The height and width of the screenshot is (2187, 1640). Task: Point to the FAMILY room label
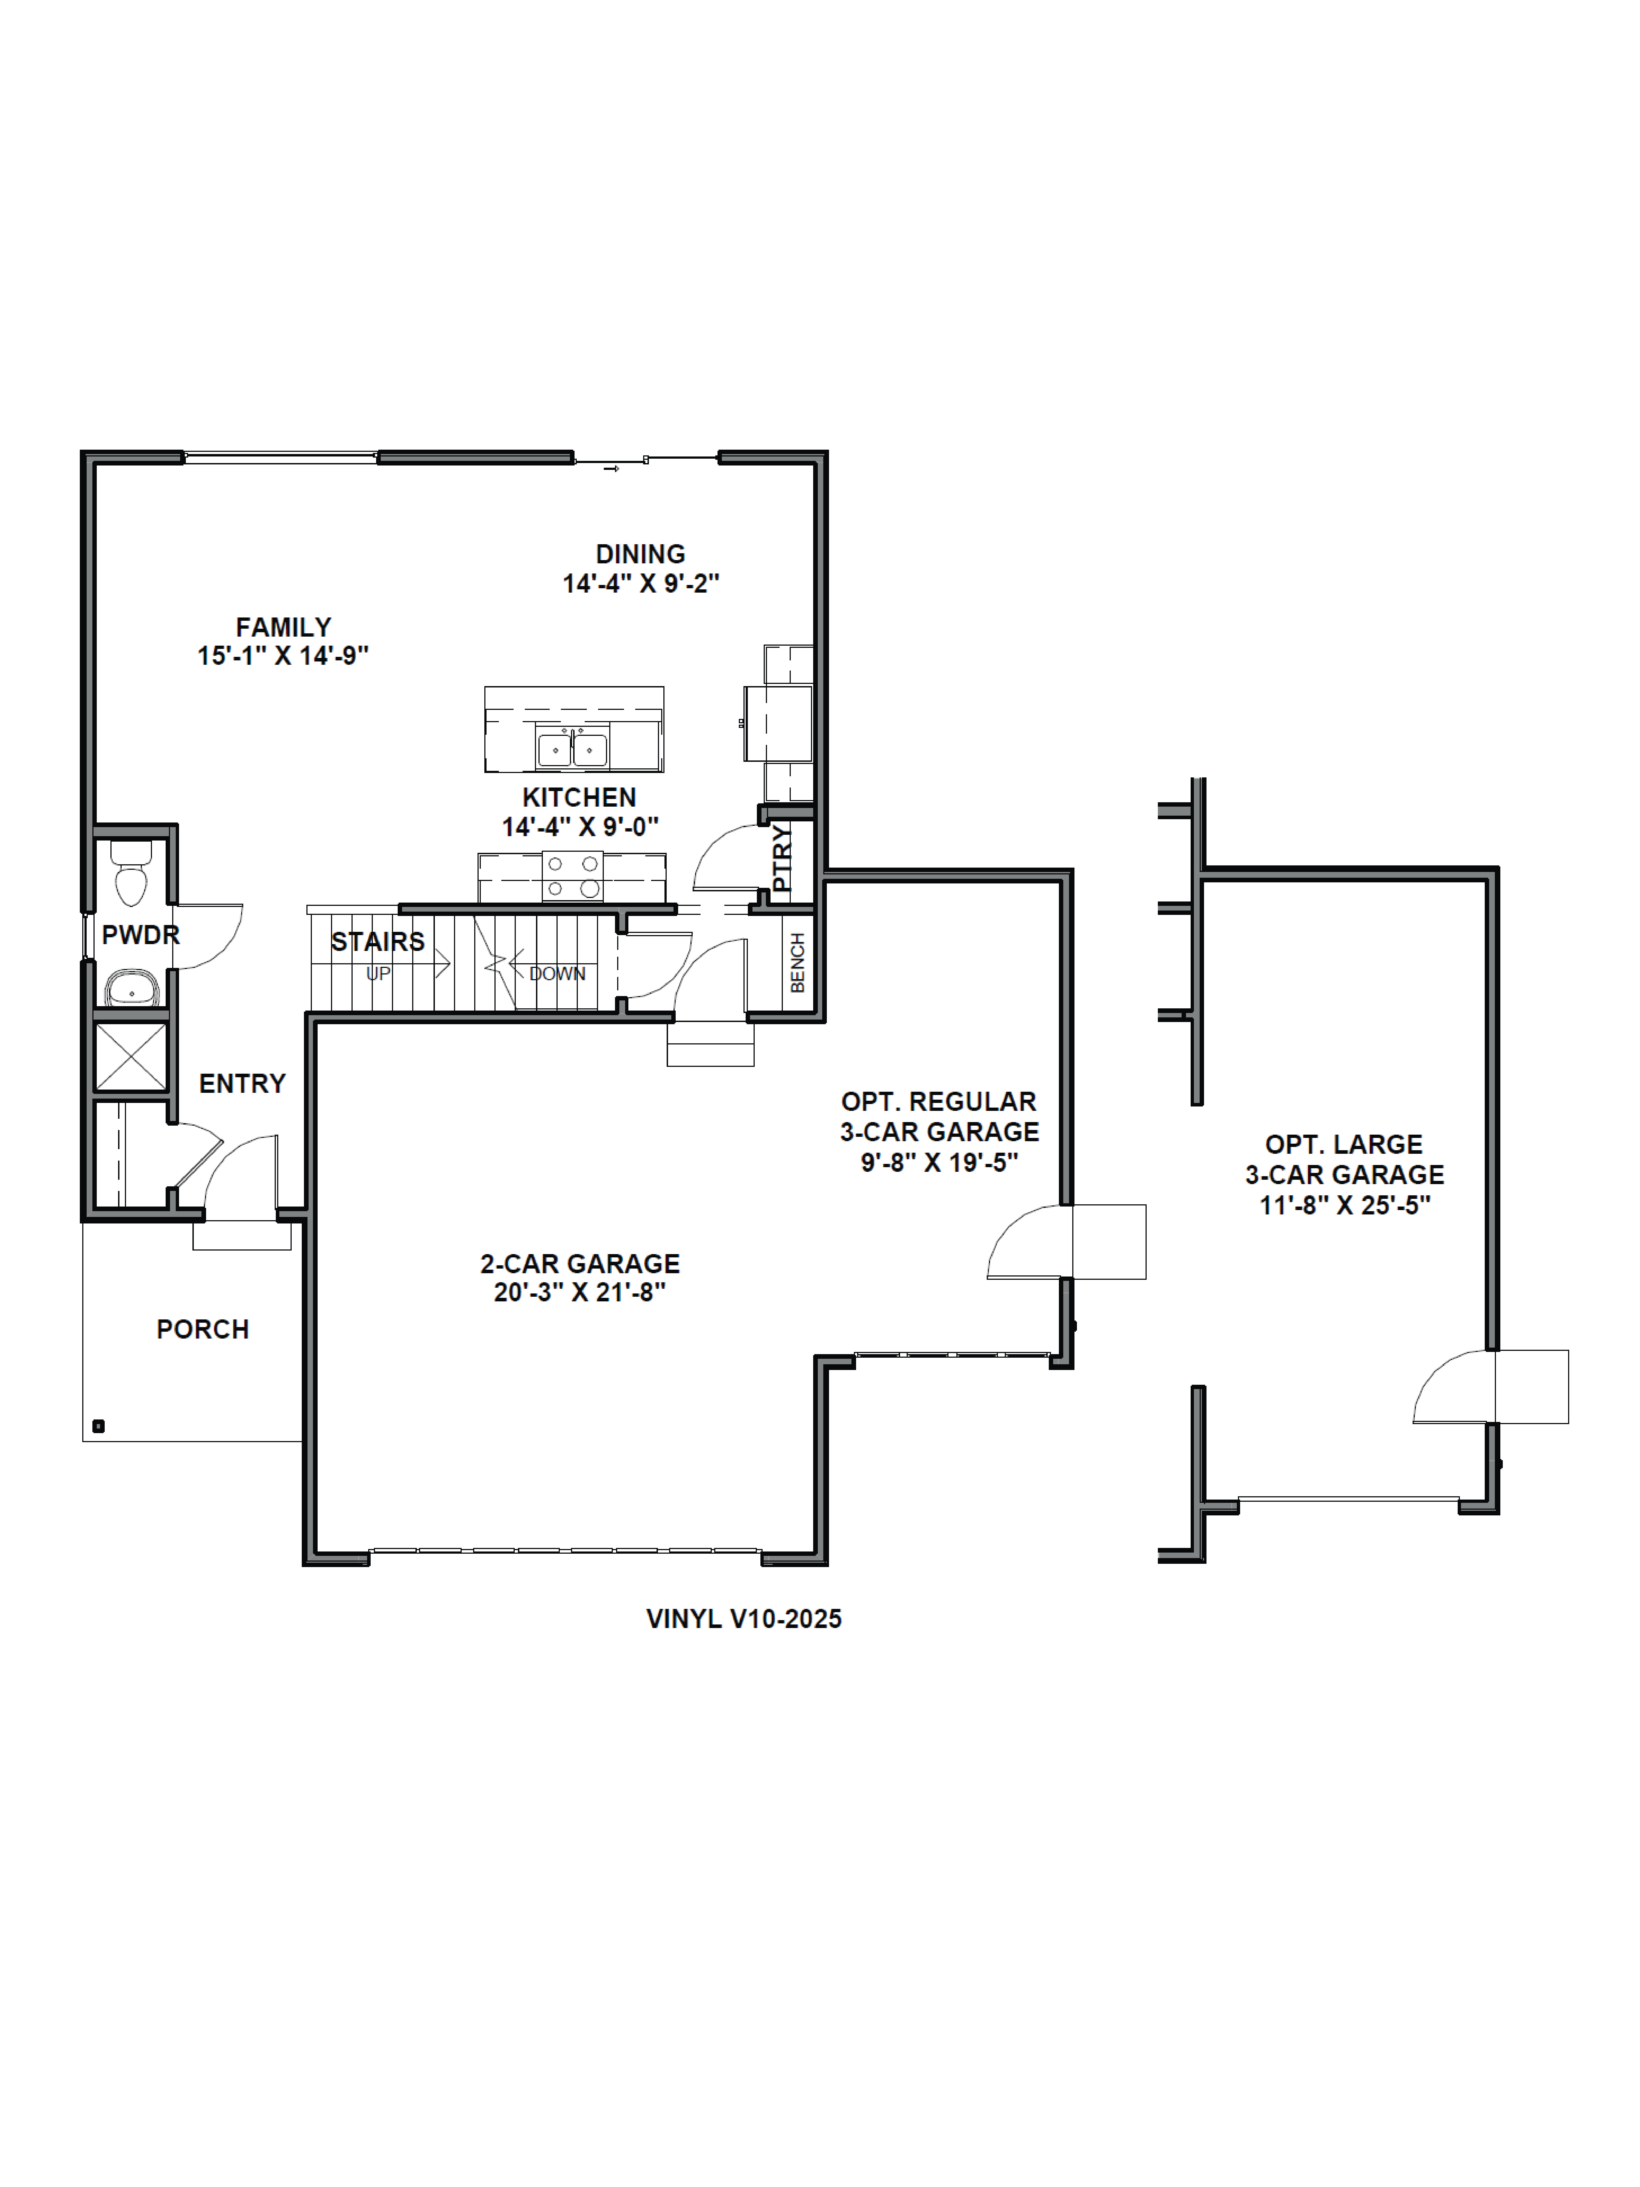(283, 627)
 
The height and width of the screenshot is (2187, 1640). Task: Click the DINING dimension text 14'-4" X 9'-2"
(641, 583)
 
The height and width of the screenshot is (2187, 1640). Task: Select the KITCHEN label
(579, 797)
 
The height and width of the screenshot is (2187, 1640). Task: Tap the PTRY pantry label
(782, 858)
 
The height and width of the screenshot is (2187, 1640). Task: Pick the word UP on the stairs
(379, 974)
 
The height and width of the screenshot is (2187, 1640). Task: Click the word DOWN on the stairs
(557, 974)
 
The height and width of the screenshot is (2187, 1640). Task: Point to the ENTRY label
(242, 1084)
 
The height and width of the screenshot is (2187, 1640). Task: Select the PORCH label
(203, 1329)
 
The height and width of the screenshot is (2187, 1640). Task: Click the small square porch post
(98, 1426)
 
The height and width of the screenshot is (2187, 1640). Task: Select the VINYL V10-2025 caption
(743, 1618)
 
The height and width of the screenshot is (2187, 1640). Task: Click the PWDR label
(140, 934)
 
